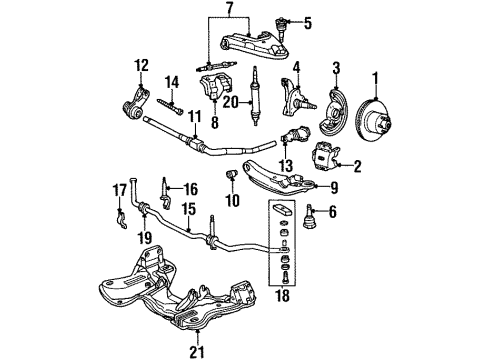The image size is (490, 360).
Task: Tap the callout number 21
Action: [x=197, y=351]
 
